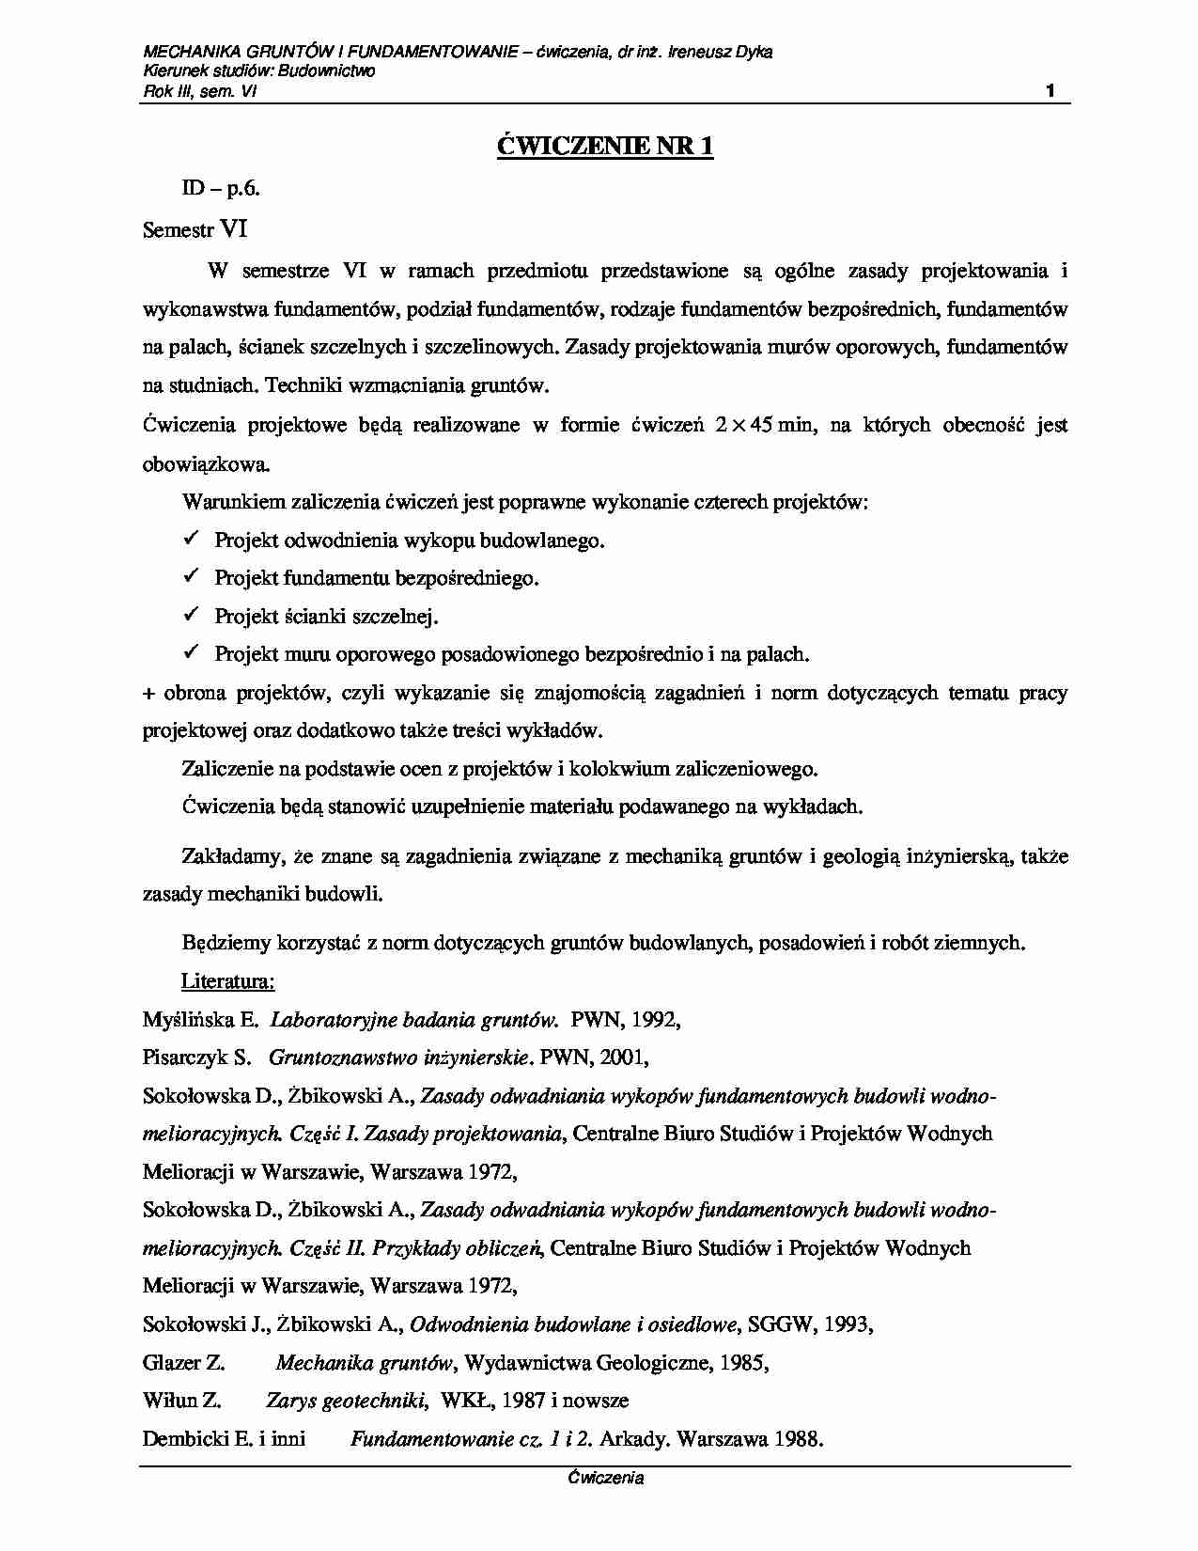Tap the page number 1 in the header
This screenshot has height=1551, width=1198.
point(1050,91)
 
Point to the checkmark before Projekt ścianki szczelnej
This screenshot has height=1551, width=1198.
point(189,615)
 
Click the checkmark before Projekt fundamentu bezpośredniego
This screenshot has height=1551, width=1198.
point(189,576)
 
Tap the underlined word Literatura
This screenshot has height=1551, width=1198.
point(227,981)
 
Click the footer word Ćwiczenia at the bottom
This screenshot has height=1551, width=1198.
point(605,1478)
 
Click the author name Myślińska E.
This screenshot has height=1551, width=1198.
point(200,1020)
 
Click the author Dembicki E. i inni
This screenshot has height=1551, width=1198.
point(224,1439)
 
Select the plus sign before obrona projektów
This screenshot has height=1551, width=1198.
point(148,694)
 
